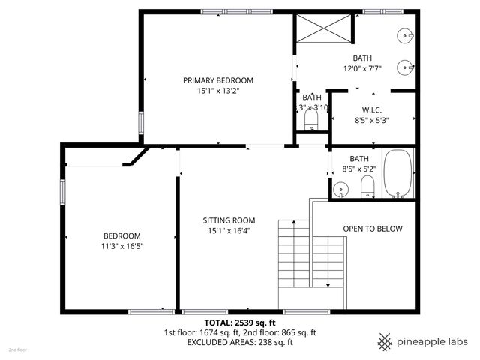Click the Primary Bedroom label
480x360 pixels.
218,80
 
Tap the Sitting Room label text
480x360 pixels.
229,220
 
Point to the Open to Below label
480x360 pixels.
373,229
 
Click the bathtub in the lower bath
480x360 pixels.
397,174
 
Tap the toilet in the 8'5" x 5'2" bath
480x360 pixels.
367,187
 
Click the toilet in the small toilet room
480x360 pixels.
311,119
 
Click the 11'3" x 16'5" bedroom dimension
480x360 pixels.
122,245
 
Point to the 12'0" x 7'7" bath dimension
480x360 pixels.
363,68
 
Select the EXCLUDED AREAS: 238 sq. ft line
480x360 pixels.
239,342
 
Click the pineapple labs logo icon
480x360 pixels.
384,341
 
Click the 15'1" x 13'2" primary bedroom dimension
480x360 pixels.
218,91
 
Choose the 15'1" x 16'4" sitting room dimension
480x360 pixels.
229,231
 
